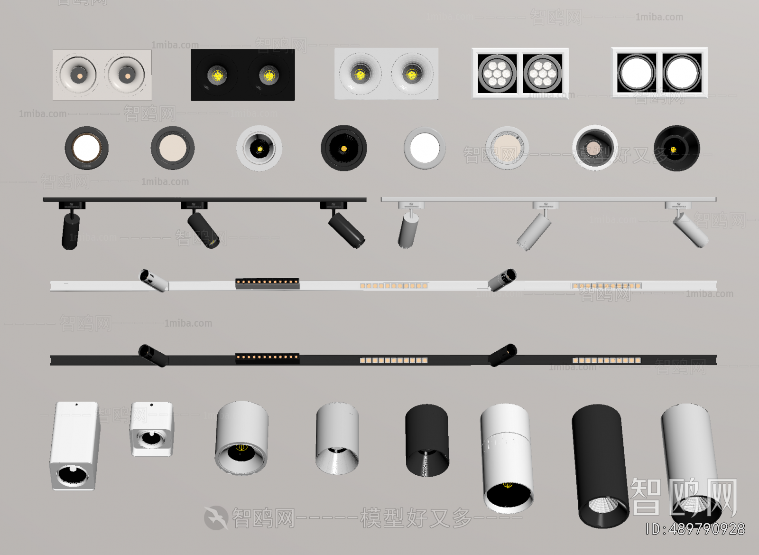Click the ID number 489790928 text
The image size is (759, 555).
pyautogui.click(x=695, y=529)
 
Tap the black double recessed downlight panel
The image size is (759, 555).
pyautogui.click(x=242, y=75)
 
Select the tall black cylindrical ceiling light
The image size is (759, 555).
pyautogui.click(x=600, y=465)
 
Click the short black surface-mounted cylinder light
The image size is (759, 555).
pyautogui.click(x=426, y=440)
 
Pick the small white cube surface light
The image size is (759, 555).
pyautogui.click(x=152, y=429)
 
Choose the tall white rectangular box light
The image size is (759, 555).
pyautogui.click(x=74, y=445)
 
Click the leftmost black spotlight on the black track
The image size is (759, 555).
pyautogui.click(x=70, y=230)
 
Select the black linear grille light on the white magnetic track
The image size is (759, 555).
pyautogui.click(x=268, y=283)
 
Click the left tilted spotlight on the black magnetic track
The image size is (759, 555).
pyautogui.click(x=152, y=355)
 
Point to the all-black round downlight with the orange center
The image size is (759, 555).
pyautogui.click(x=343, y=148)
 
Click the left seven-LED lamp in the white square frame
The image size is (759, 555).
pyautogui.click(x=497, y=73)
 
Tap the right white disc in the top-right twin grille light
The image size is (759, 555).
pyautogui.click(x=682, y=73)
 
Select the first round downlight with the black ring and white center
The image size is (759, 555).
pyautogui.click(x=86, y=148)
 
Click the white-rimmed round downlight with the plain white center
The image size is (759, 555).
pyautogui.click(x=425, y=148)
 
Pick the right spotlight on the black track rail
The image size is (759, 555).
pyautogui.click(x=346, y=229)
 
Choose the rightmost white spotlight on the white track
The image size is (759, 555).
pyautogui.click(x=690, y=230)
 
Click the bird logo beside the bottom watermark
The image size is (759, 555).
pyautogui.click(x=216, y=518)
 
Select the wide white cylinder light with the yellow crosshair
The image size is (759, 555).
pyautogui.click(x=241, y=437)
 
